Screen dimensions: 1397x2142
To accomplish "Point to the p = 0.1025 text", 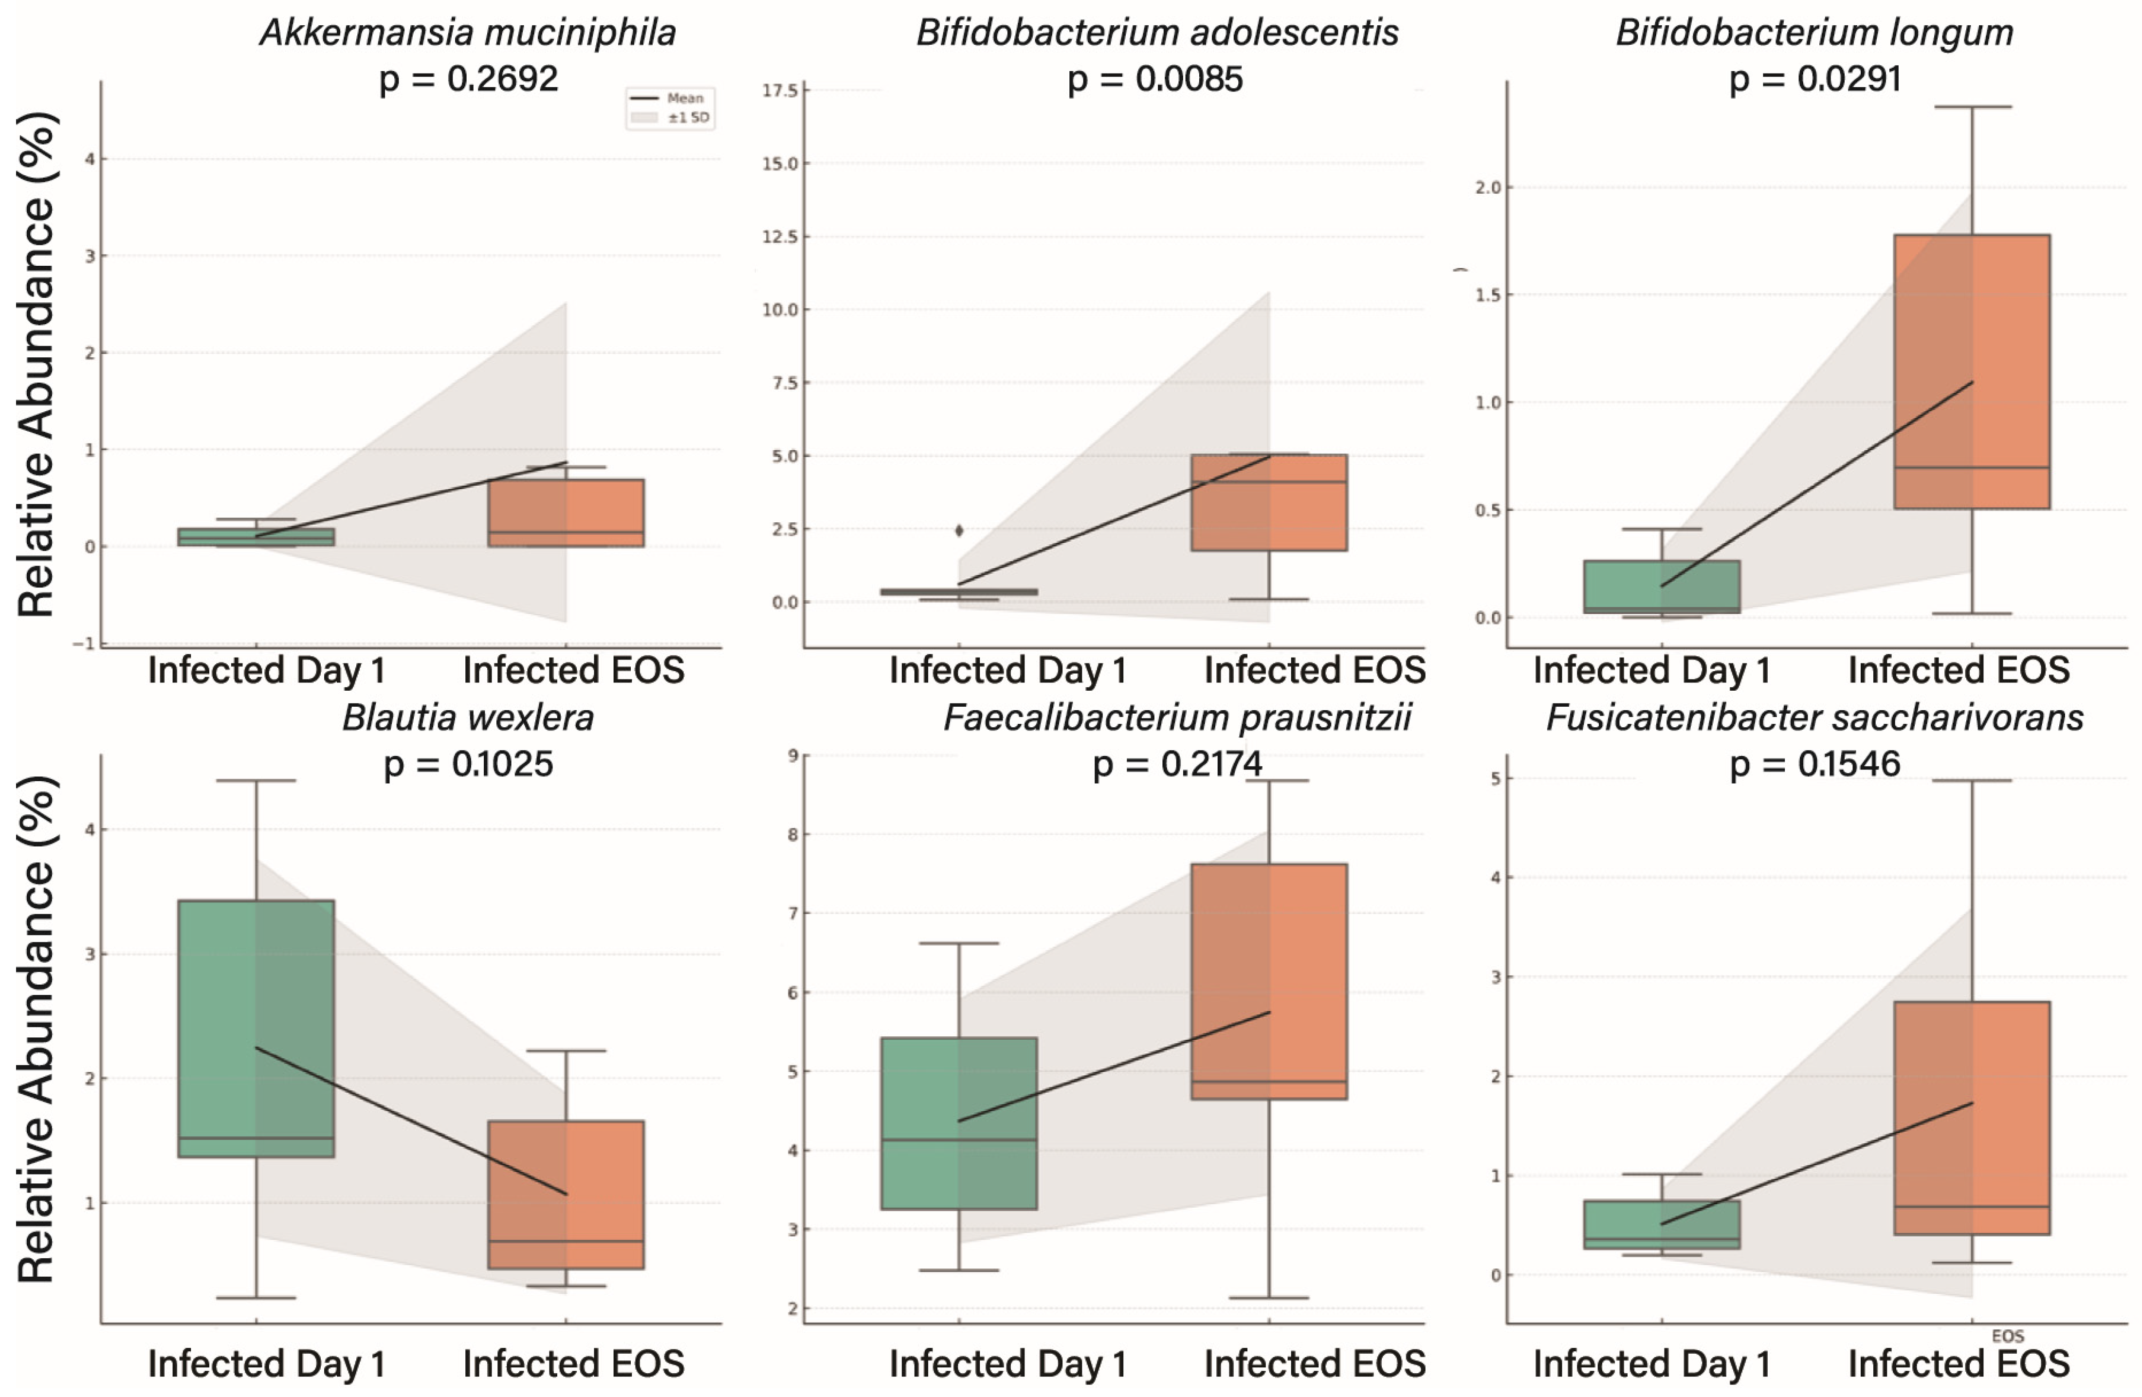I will (468, 764).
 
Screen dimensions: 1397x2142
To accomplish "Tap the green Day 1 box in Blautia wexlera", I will (256, 1028).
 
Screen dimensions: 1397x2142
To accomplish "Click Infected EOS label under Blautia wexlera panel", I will (573, 1364).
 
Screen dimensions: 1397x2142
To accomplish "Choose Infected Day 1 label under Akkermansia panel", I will (266, 671).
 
